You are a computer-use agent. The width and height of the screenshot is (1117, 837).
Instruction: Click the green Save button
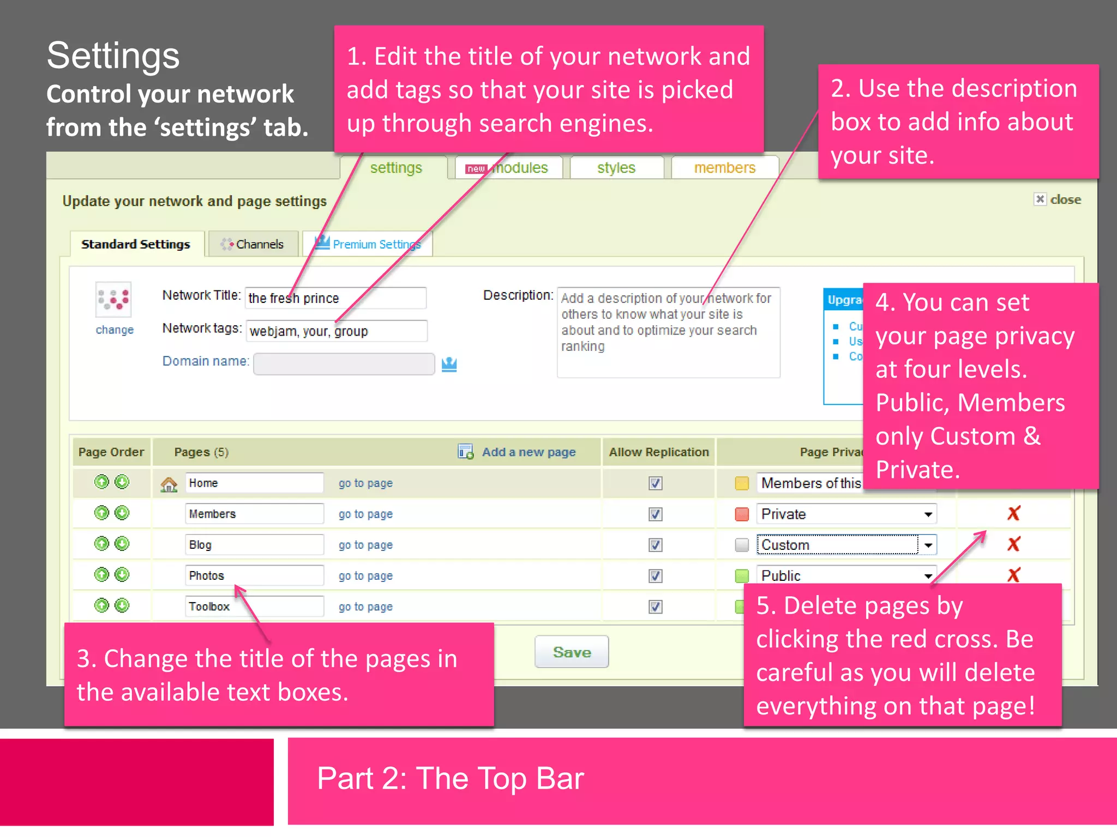tap(572, 652)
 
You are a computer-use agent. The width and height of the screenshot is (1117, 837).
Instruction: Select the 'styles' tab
tap(616, 168)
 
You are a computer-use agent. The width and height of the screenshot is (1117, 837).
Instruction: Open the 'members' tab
tap(724, 168)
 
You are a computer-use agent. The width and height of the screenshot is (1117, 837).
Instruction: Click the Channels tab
tap(253, 244)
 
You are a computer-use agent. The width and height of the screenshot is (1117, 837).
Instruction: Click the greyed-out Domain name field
tap(344, 364)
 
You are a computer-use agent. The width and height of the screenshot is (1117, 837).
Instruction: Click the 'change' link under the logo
tap(115, 330)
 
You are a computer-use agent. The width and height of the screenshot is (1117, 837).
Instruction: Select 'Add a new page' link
tap(528, 452)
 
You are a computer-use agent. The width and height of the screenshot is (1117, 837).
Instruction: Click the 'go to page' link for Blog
tap(365, 545)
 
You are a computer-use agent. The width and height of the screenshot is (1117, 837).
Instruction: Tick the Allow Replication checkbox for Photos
tap(656, 575)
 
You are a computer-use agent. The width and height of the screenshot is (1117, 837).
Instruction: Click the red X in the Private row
tap(1014, 513)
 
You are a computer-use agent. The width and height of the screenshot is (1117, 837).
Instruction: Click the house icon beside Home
tap(169, 484)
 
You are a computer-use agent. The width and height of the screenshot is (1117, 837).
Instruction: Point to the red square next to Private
tap(742, 514)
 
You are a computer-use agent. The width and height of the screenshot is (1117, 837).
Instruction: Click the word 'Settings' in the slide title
tap(113, 56)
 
